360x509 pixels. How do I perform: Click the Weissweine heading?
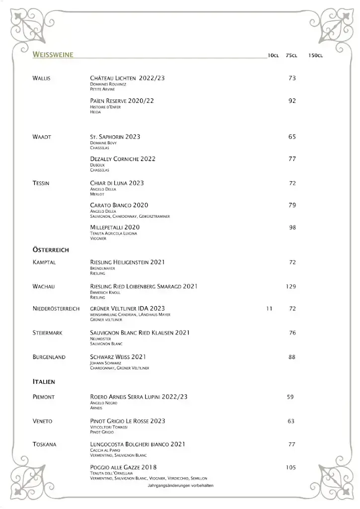point(53,55)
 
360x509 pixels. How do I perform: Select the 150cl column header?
point(315,55)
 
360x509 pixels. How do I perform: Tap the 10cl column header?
point(273,55)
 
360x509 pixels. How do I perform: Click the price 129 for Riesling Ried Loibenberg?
point(291,286)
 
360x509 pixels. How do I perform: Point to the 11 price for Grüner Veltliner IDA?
point(270,309)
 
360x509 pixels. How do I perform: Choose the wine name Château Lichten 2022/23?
point(127,79)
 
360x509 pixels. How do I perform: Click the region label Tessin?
point(41,183)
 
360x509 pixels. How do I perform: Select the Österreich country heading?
point(51,250)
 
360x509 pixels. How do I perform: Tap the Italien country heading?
point(44,382)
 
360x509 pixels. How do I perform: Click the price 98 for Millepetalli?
point(292,227)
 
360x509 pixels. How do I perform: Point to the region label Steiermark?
point(47,333)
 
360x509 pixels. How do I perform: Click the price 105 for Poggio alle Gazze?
point(291,467)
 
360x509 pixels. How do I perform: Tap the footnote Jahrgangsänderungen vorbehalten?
point(180,486)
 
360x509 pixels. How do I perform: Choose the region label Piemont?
point(43,397)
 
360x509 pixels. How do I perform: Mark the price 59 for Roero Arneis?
point(290,397)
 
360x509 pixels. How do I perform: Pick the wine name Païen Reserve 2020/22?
point(122,101)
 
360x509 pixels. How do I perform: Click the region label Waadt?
point(42,137)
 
